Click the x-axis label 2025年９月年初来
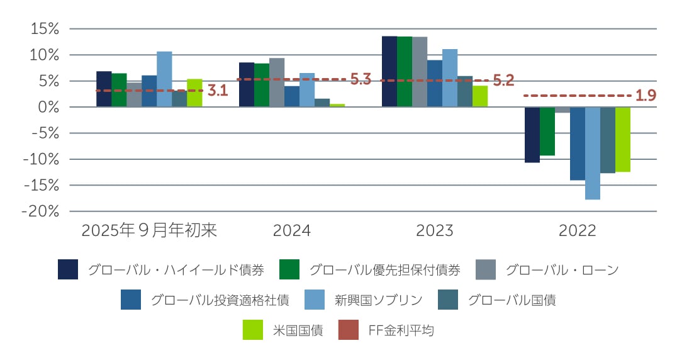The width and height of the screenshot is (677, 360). [149, 231]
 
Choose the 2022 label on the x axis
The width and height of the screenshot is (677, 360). [578, 231]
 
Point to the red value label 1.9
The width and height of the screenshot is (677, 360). [646, 96]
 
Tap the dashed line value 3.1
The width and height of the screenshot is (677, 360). [217, 91]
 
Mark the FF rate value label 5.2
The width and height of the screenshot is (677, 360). [503, 81]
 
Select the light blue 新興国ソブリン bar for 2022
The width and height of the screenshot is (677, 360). [593, 153]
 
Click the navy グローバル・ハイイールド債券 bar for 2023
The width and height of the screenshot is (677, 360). [389, 72]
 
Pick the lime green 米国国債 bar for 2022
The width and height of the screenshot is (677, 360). [623, 139]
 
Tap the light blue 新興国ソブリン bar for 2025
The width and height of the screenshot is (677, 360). [164, 79]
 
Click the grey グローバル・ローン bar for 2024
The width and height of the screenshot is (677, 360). [277, 82]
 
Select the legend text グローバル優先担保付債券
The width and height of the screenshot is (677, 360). [384, 270]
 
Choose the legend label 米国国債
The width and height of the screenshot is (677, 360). [298, 330]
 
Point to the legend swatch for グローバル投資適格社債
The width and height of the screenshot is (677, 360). [131, 300]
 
